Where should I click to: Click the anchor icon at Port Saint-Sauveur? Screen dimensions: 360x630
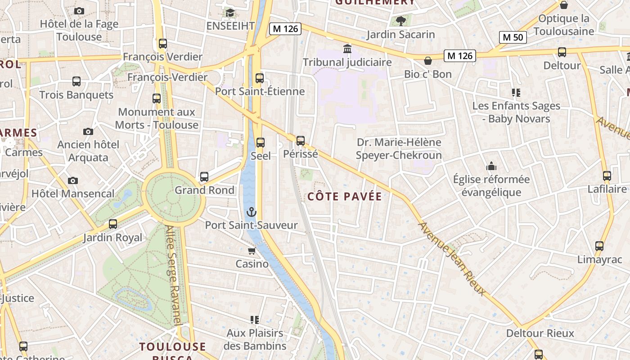251,211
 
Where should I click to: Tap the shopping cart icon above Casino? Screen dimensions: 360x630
252,251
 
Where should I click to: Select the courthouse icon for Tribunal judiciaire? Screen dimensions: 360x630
347,49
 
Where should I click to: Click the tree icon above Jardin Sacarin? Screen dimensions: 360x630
400,21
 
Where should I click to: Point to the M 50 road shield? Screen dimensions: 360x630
513,37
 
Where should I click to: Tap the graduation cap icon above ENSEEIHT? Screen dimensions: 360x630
230,13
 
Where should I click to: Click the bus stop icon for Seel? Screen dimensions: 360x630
260,143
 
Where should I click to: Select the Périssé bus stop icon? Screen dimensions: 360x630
301,141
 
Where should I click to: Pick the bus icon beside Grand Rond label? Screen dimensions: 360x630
204,177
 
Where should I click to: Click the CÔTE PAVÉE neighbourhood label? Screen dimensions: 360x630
345,197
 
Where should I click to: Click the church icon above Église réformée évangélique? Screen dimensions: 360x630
491,166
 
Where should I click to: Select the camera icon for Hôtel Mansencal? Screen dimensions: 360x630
73,180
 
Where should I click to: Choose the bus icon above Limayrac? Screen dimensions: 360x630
599,246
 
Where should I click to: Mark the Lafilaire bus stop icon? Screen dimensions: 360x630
607,176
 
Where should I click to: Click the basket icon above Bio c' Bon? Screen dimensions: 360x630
428,60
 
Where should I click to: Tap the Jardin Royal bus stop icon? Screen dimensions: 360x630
112,224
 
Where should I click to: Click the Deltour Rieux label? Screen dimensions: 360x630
540,333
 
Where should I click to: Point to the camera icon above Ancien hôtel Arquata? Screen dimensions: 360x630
88,131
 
